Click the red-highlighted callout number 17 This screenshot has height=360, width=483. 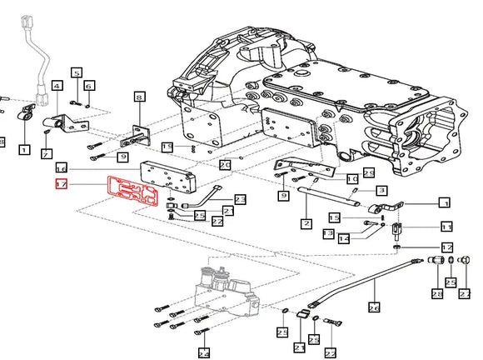click(x=60, y=185)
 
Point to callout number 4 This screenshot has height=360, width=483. click(x=57, y=85)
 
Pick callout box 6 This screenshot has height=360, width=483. click(x=88, y=85)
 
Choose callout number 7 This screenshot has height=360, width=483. click(x=47, y=154)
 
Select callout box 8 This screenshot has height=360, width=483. click(x=139, y=97)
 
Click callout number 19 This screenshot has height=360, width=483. click(x=167, y=147)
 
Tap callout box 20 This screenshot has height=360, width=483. click(x=225, y=165)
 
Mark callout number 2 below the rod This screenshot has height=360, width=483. click(x=306, y=223)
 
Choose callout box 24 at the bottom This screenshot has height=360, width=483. click(x=202, y=352)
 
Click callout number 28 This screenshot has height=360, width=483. click(x=436, y=294)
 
